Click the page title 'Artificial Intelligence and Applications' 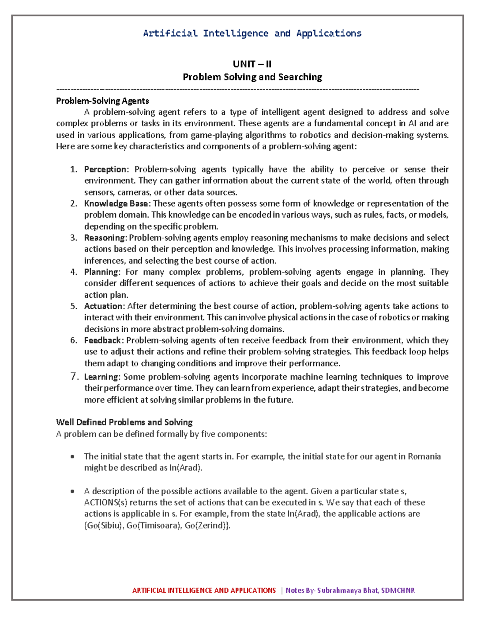pos(252,33)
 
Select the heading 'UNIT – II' pos(252,64)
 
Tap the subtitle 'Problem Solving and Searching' pos(252,77)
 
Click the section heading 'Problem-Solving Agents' pos(103,101)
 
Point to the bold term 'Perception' pos(105,170)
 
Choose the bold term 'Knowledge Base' pos(116,204)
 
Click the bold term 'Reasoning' pos(105,238)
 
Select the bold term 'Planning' pos(101,272)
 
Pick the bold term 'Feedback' pos(103,340)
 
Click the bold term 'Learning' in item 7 pos(101,377)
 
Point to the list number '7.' pos(74,377)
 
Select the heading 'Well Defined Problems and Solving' pos(124,422)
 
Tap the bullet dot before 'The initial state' pos(72,457)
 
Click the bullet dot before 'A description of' pos(72,491)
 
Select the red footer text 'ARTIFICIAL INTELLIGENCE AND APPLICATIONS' pos(204,590)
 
